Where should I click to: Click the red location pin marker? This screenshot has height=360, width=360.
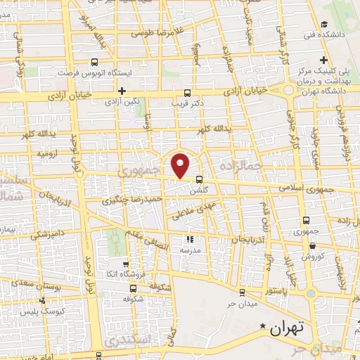click(181, 165)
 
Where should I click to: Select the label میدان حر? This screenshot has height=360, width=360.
click(239, 304)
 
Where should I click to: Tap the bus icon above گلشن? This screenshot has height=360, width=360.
click(200, 179)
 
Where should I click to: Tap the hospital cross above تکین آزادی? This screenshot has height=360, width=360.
click(122, 91)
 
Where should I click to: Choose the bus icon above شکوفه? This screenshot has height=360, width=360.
click(134, 288)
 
